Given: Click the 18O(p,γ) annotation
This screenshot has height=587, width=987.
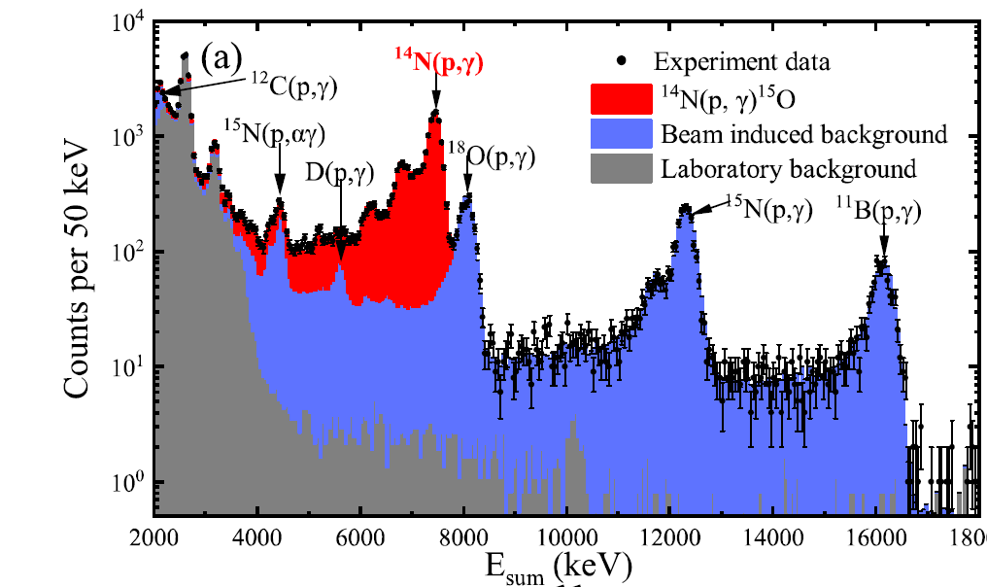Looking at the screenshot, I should pos(493,154).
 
